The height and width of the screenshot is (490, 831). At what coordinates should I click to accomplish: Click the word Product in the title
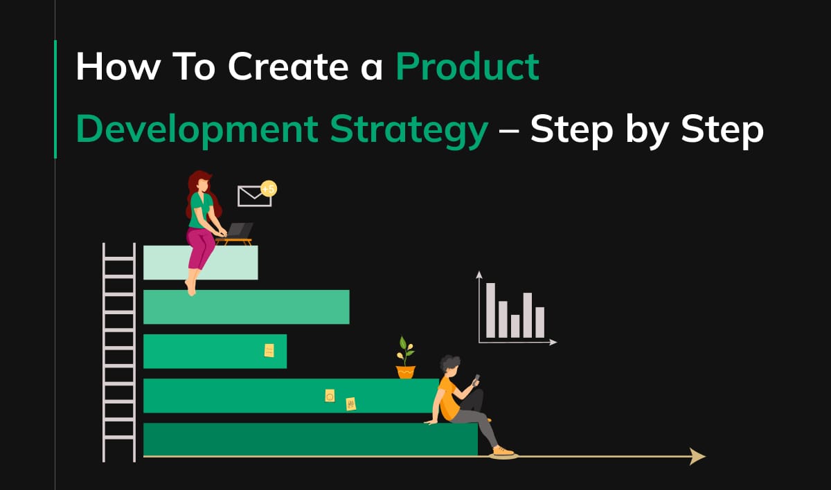point(467,67)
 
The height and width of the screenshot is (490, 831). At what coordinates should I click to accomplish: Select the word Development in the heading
point(196,130)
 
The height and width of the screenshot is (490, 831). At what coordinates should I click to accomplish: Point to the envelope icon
point(253,197)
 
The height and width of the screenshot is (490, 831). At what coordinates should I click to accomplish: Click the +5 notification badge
point(269,188)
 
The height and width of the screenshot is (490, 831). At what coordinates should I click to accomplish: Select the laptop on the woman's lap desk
point(239,230)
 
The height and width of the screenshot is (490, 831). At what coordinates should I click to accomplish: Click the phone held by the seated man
point(476,380)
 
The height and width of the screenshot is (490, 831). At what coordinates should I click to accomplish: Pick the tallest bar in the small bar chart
point(490,310)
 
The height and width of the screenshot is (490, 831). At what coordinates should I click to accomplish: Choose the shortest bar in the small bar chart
point(515,325)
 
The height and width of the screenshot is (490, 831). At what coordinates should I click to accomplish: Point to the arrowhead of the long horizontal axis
point(697,456)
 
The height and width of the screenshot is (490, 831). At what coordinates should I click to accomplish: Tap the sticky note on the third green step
point(269,350)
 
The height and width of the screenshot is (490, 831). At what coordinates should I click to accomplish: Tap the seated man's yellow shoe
point(503,451)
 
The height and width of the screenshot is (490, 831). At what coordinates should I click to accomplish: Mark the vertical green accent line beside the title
point(55,99)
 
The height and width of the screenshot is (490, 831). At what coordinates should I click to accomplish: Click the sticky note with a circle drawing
point(330,396)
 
